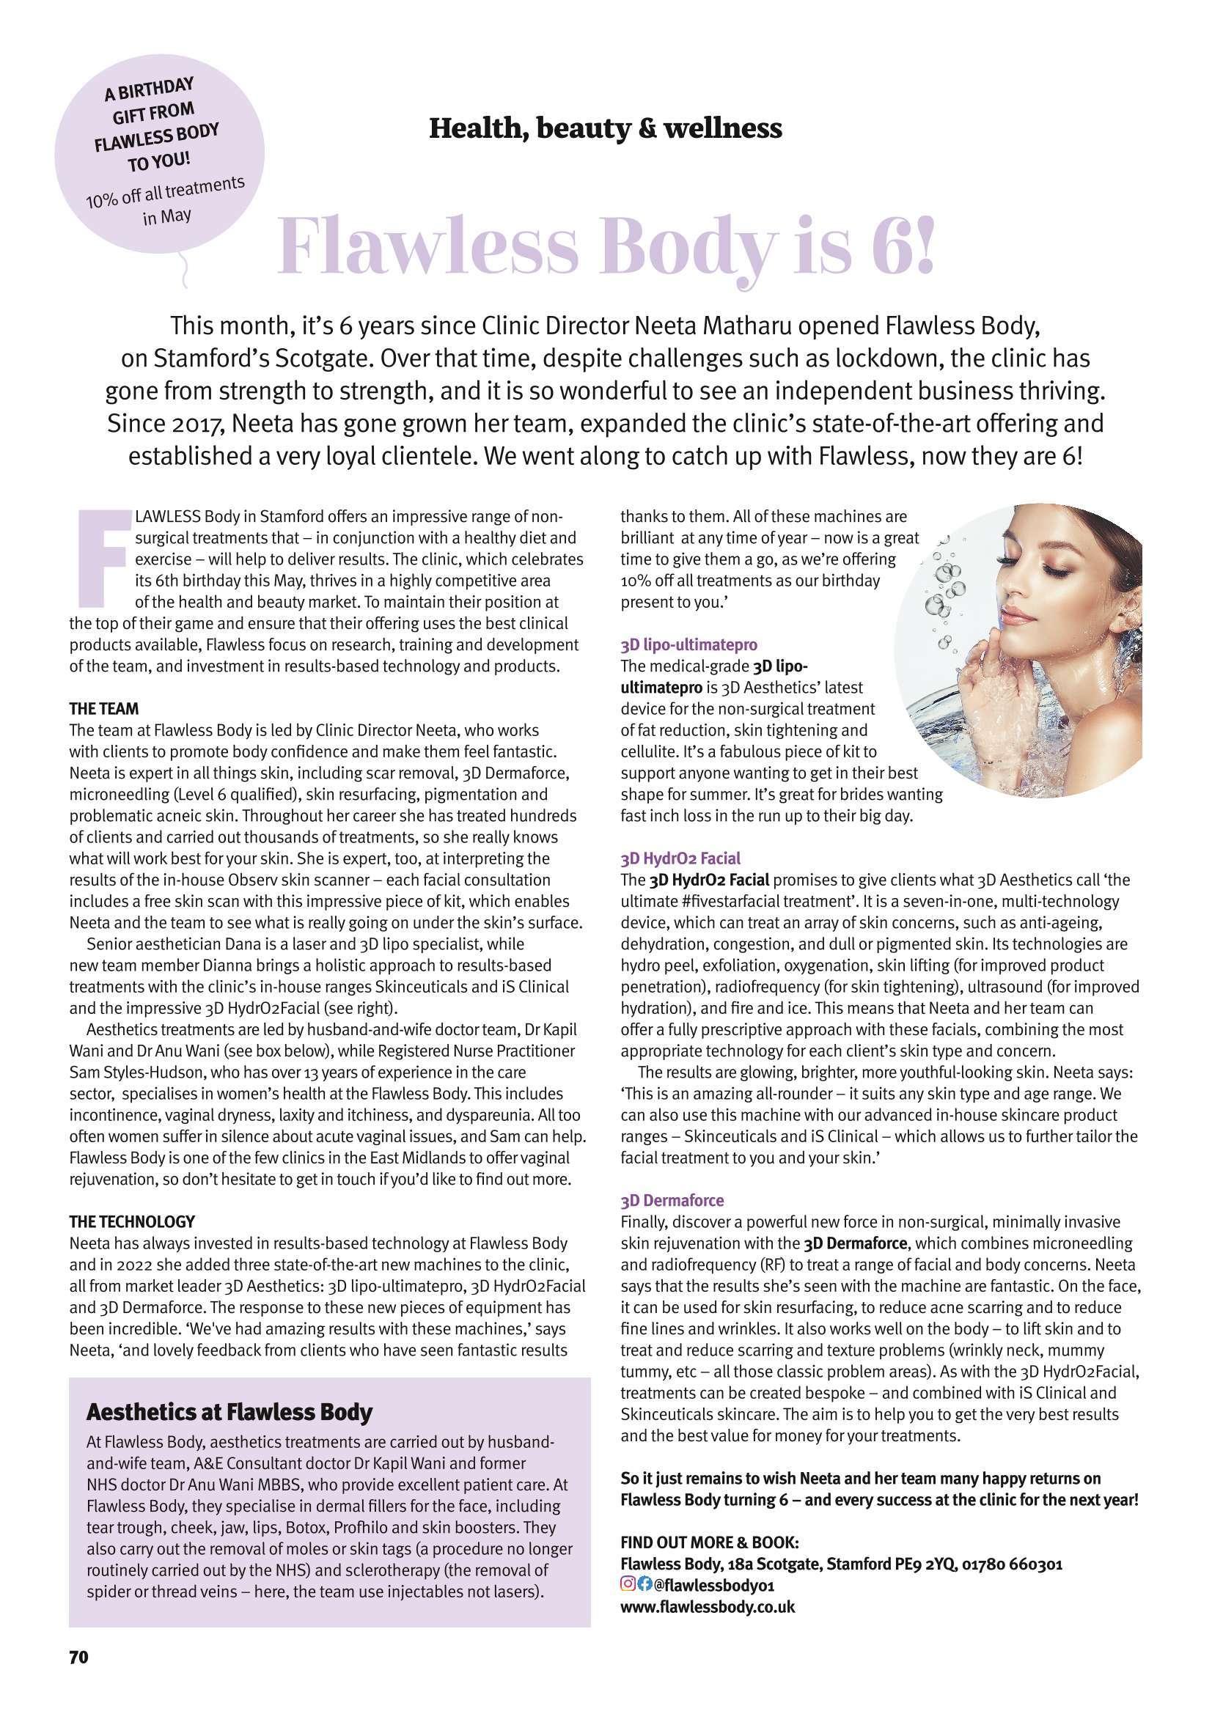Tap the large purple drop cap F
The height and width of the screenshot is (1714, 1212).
click(x=103, y=558)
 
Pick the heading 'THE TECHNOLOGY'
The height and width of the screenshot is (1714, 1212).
click(x=131, y=1222)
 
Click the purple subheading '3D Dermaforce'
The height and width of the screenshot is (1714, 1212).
click(x=672, y=1201)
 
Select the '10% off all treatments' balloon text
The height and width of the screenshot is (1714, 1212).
click(x=164, y=194)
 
